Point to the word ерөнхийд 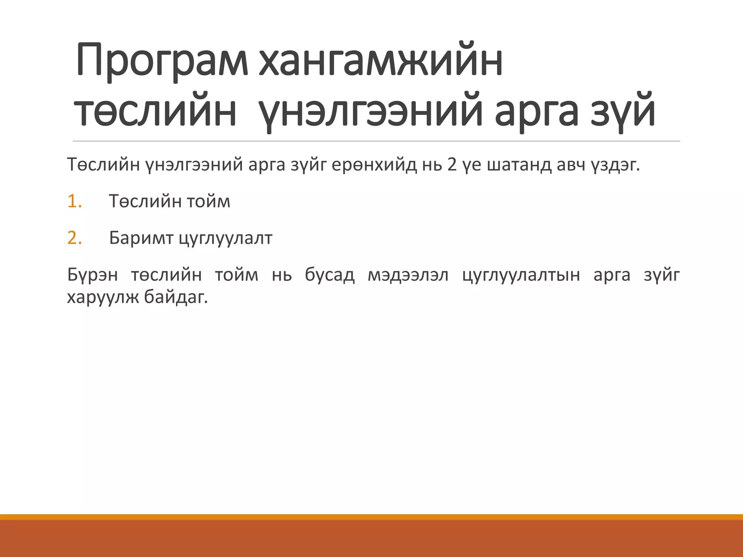tap(374, 165)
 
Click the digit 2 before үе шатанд tap(452, 165)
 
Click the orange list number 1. tap(74, 201)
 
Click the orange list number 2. tap(74, 238)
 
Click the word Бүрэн tap(93, 275)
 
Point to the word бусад tap(329, 275)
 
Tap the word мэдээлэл tap(408, 275)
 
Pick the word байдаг tap(176, 298)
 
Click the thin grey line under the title tap(376, 141)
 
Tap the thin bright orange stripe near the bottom tap(371, 517)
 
